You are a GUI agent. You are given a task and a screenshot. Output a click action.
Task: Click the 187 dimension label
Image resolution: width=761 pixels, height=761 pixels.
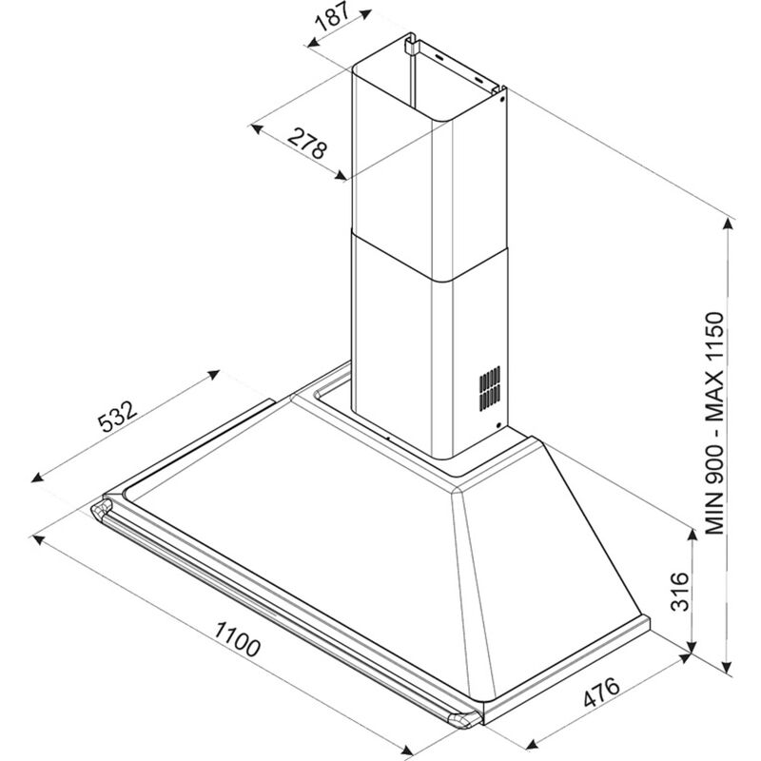[332, 18]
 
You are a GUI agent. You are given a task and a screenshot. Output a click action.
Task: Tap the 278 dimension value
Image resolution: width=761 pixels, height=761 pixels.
[306, 144]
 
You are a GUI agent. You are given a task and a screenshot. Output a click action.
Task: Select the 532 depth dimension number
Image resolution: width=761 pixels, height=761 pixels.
[118, 416]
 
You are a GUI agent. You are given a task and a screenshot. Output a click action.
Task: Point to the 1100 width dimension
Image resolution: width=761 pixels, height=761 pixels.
[237, 639]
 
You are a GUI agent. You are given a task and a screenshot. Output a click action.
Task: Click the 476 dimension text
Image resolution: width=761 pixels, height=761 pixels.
[601, 693]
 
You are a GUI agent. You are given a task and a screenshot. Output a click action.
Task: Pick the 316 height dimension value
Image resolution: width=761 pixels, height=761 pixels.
[679, 591]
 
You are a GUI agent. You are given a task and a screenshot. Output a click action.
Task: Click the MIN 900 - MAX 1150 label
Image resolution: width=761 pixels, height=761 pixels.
[714, 423]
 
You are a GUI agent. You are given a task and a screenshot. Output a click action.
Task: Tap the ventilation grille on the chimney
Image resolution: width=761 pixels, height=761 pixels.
[490, 388]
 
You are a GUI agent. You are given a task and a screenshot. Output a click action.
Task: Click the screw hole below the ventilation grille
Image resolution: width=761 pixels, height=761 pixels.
[498, 425]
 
